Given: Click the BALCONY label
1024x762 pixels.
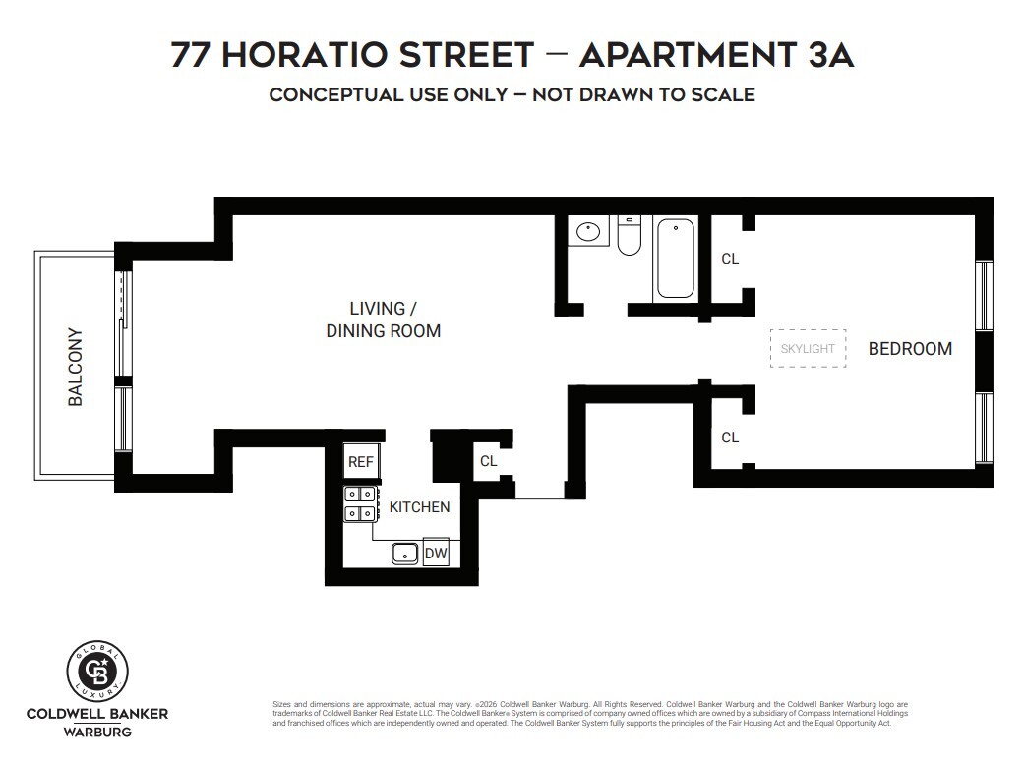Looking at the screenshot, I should (x=75, y=367).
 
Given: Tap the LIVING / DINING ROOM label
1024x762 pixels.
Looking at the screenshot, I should (x=383, y=321).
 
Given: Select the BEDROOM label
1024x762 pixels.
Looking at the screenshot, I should (x=910, y=348).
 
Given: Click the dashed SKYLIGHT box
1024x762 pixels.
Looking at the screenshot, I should (x=808, y=348).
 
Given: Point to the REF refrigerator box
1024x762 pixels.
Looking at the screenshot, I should (x=359, y=460).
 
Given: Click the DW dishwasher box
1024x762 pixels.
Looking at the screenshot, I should (x=436, y=554).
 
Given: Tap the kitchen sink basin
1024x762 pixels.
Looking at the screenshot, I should (x=405, y=554).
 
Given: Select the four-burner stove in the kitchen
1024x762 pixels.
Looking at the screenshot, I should (x=359, y=503).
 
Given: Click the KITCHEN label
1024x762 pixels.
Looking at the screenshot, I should (x=419, y=507).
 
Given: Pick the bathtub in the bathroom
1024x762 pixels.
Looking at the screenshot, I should (x=675, y=258).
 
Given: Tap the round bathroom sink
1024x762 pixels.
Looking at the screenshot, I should (x=588, y=232).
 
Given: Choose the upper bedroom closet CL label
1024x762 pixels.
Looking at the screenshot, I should (x=730, y=259).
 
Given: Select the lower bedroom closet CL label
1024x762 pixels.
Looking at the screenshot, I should (x=730, y=438).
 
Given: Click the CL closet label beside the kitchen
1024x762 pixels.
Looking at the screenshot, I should (x=489, y=460).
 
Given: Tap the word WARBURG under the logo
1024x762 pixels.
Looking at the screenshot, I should (x=96, y=732).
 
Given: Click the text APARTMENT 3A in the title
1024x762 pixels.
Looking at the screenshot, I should (x=716, y=55).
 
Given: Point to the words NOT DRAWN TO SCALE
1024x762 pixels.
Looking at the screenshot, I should (x=643, y=95).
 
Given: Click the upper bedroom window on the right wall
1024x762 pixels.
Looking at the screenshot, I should (x=984, y=296).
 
